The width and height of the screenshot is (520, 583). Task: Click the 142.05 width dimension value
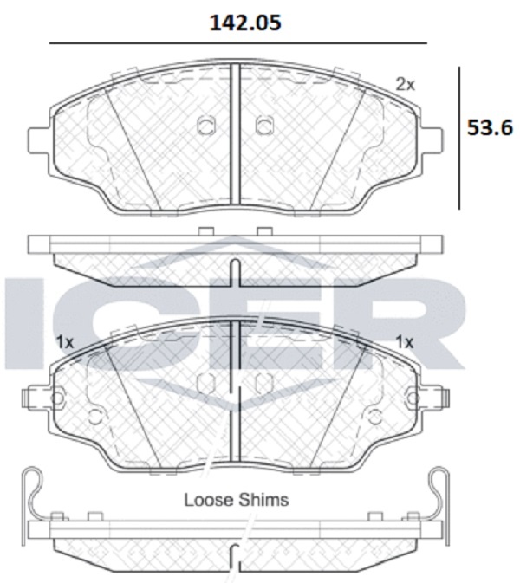pyautogui.click(x=245, y=23)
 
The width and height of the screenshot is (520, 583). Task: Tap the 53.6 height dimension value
pyautogui.click(x=490, y=128)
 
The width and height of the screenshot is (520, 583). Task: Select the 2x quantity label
pyautogui.click(x=405, y=85)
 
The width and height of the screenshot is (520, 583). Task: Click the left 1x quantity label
pyautogui.click(x=65, y=341)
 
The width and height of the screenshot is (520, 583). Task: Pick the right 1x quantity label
pyautogui.click(x=405, y=341)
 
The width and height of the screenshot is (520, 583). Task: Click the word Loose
pyautogui.click(x=208, y=500)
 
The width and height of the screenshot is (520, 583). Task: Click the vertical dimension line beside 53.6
pyautogui.click(x=459, y=138)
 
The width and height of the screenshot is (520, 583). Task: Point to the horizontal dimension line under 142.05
pyautogui.click(x=238, y=43)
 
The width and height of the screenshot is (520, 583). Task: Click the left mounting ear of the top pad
pyautogui.click(x=39, y=140)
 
